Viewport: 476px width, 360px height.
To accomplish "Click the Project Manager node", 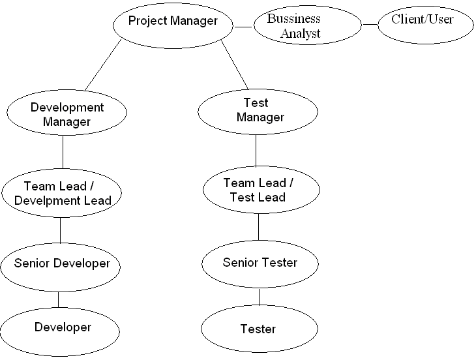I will click(x=173, y=22).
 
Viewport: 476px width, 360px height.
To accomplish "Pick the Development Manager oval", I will click(x=67, y=114).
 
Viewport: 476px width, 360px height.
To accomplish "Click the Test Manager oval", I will click(x=257, y=111).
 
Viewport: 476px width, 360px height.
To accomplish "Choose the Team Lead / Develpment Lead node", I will click(x=63, y=193).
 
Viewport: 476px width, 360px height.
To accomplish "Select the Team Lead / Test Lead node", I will click(x=261, y=190).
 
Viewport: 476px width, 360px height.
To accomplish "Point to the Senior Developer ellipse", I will click(x=62, y=264).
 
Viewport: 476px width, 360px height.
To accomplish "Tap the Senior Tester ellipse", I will click(x=260, y=263).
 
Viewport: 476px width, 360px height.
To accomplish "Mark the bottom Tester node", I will click(x=258, y=329).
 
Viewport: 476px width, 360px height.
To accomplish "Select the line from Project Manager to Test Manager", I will click(x=235, y=65).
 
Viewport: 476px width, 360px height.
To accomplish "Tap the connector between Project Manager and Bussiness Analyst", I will click(x=243, y=27).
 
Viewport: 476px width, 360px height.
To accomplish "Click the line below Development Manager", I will click(x=63, y=153).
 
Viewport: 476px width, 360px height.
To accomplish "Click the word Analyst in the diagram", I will click(x=301, y=33).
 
